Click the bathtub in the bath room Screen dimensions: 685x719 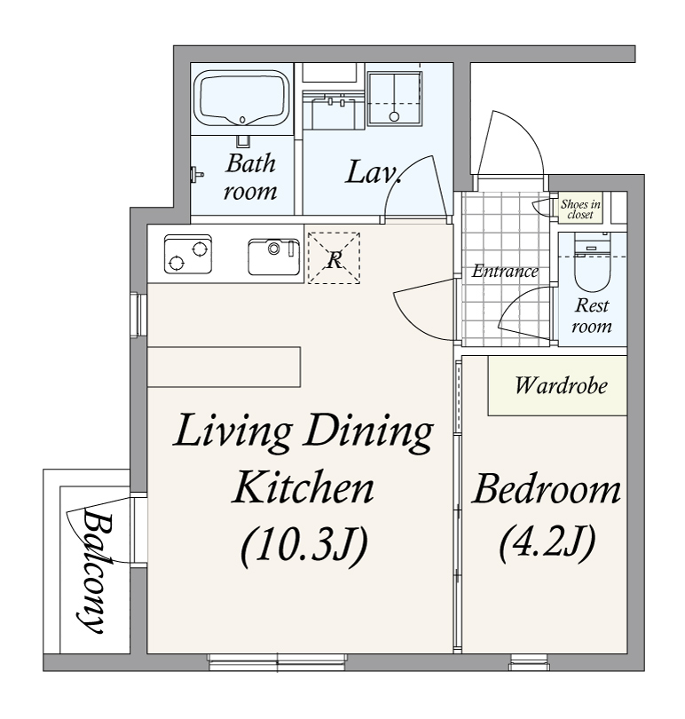[241, 99]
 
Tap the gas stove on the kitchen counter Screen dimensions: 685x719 [188, 254]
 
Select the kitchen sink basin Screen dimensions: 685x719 [273, 257]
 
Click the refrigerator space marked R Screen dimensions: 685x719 [334, 257]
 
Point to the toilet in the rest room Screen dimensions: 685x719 [592, 264]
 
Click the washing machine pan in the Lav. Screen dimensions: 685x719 [394, 99]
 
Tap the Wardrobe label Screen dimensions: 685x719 [561, 385]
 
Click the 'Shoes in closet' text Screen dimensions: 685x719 [580, 209]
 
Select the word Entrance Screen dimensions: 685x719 [505, 271]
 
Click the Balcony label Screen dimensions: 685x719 [93, 572]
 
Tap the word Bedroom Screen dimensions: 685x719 [547, 490]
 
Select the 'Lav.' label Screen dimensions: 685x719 [374, 172]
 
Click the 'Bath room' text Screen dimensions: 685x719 [250, 177]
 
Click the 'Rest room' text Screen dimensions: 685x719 [592, 315]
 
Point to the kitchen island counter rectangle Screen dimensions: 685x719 [224, 367]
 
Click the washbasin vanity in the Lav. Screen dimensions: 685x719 [331, 109]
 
